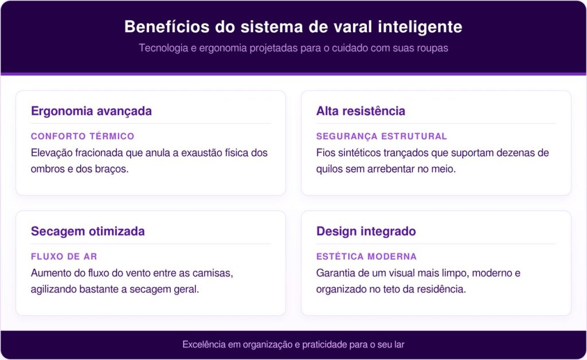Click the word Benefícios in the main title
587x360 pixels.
pyautogui.click(x=167, y=26)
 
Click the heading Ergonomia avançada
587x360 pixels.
pyautogui.click(x=91, y=111)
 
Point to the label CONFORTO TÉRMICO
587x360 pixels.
pyautogui.click(x=83, y=136)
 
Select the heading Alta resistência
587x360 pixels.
pyautogui.click(x=361, y=111)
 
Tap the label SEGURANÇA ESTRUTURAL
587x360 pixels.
pyautogui.click(x=381, y=136)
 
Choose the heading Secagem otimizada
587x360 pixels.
pyautogui.click(x=88, y=231)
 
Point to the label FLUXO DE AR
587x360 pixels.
pyautogui.click(x=64, y=256)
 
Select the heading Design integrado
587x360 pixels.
pyautogui.click(x=366, y=231)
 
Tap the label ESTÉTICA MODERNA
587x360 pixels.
pyautogui.click(x=366, y=256)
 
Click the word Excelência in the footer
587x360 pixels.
pyautogui.click(x=204, y=345)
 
